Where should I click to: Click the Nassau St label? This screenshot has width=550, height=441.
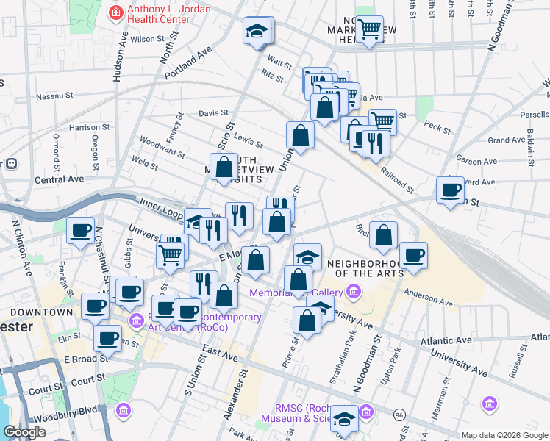pyautogui.click(x=55, y=96)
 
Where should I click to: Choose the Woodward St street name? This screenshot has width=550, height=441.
pyautogui.click(x=162, y=148)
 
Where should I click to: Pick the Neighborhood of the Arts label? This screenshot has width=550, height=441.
pyautogui.click(x=365, y=268)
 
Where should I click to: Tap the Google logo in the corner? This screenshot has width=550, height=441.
pyautogui.click(x=24, y=432)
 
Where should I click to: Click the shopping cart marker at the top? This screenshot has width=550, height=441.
pyautogui.click(x=370, y=29)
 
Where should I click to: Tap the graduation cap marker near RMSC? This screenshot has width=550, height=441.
pyautogui.click(x=343, y=418)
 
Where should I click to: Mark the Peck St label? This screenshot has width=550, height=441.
pyautogui.click(x=437, y=128)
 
